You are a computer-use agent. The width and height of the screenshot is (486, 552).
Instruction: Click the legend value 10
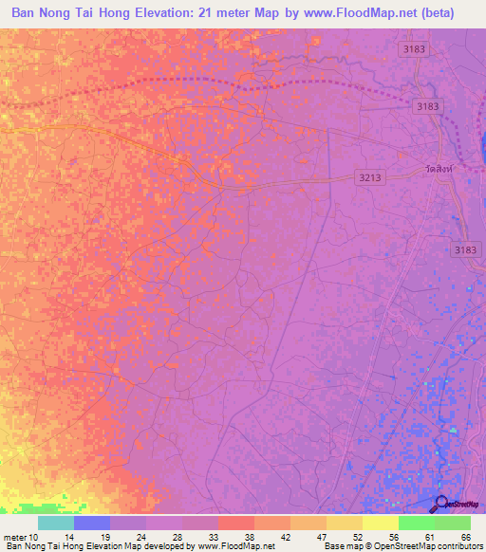(35, 536)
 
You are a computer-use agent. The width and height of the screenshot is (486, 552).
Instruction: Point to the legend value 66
(465, 536)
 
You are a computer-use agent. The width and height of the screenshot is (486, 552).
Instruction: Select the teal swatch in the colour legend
(55, 523)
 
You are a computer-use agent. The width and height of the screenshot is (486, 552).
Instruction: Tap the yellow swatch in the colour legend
(380, 523)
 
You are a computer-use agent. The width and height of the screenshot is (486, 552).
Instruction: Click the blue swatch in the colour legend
(92, 523)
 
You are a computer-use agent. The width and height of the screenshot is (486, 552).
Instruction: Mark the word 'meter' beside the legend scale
(13, 536)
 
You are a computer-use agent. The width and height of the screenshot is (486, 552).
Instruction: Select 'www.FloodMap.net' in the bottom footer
(237, 546)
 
